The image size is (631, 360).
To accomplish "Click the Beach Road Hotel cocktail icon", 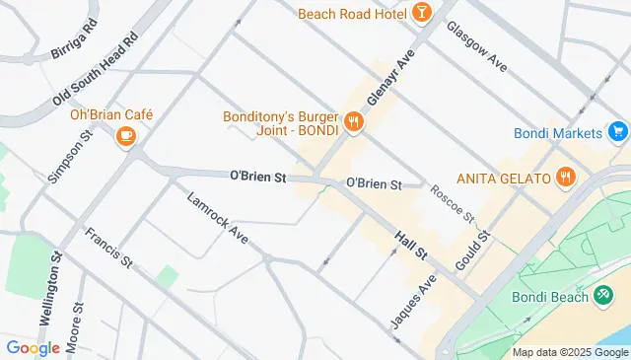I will [x=422, y=12].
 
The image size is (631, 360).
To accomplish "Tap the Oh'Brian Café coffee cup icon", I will [x=125, y=136].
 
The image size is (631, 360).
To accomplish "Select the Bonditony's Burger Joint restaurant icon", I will [x=354, y=123].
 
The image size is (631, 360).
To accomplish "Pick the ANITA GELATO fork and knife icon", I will [x=565, y=178].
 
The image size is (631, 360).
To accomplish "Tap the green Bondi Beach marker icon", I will [x=602, y=296].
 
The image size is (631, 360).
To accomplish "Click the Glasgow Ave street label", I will [x=476, y=47].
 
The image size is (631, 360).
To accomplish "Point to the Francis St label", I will [x=108, y=248].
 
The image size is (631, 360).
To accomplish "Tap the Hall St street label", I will [x=410, y=247].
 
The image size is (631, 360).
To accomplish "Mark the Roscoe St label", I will [x=455, y=203].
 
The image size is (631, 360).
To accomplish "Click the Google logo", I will [x=34, y=347].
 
